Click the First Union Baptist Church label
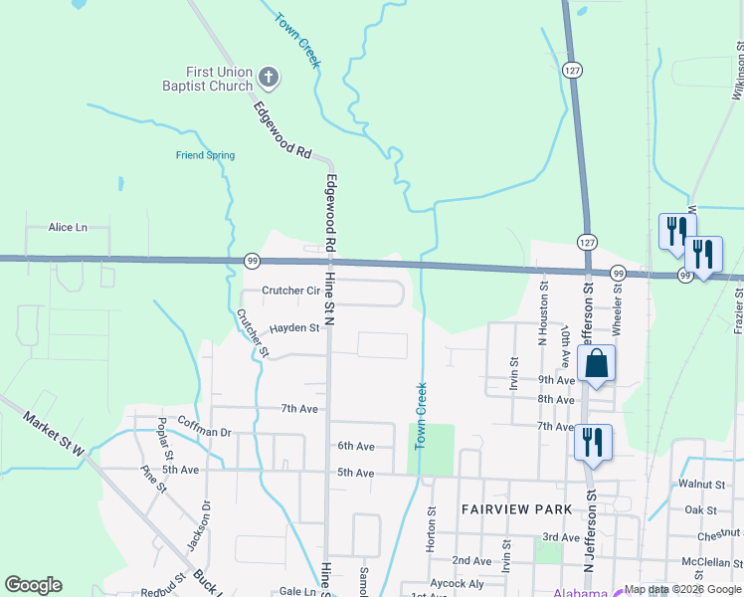coord(220,79)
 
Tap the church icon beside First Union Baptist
coord(268,76)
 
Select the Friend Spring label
coord(205,155)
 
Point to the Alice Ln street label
coord(68,227)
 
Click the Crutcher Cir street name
coord(289,292)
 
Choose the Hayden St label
coord(294,327)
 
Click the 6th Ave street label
coord(355,446)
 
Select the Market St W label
coord(56,435)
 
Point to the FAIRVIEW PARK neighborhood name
coord(516,509)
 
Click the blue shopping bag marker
coord(596,364)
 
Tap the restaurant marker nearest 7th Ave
coord(594,444)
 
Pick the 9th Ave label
coord(556,380)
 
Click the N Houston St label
coord(544,312)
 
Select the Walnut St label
coord(702,485)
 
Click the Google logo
coord(33,585)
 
